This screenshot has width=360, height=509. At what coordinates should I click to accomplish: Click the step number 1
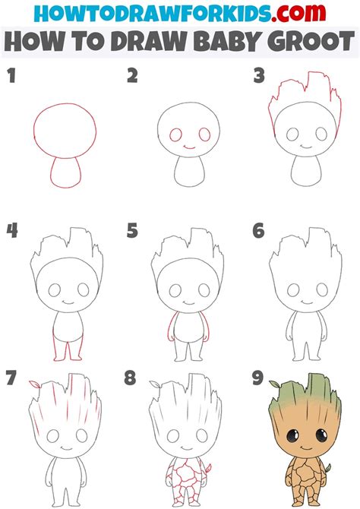coord(11,76)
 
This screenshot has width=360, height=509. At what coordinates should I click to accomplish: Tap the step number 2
coord(133,76)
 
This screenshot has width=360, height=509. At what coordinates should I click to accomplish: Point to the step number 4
coord(11,230)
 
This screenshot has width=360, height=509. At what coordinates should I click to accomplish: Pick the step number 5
coord(133,230)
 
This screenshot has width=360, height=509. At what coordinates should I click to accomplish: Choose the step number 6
coord(259,230)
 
